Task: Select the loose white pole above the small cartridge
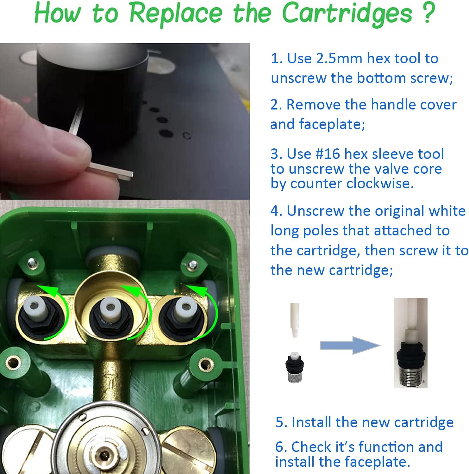[295, 320]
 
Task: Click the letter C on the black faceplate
[187, 136]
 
